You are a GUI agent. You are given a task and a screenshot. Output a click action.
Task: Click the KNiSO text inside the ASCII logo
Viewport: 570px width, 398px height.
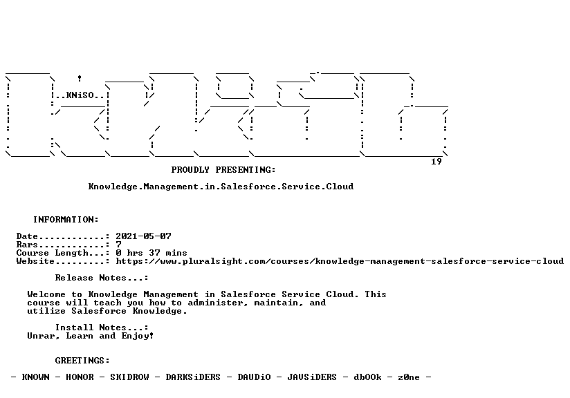80,95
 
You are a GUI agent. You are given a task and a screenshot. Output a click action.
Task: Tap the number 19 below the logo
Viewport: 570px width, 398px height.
436,162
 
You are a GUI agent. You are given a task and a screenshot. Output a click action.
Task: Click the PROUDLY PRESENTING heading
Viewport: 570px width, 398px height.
223,170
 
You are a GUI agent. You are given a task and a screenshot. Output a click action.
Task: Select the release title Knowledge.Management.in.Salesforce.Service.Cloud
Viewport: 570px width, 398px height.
221,187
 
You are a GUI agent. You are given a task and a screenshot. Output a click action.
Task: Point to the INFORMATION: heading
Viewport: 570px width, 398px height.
66,220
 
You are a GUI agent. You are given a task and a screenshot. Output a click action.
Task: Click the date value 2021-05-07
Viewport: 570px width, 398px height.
143,236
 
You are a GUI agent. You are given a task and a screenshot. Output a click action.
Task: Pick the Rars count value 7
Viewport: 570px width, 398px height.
118,245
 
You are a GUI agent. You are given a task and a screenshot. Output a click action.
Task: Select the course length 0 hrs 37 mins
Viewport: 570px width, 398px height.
151,253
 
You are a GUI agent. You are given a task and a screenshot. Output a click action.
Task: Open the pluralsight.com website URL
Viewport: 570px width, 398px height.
340,261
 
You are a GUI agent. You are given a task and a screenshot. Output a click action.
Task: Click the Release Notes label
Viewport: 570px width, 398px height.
102,278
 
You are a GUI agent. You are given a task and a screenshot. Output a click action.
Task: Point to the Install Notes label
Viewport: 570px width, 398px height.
102,328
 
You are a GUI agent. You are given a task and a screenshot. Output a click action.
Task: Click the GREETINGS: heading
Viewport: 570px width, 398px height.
82,361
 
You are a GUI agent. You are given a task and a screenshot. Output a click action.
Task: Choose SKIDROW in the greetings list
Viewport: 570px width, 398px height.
129,377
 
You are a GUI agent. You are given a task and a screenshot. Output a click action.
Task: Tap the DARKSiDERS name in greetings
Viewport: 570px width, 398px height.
193,377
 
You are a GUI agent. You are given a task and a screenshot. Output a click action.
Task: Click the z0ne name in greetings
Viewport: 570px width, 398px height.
409,377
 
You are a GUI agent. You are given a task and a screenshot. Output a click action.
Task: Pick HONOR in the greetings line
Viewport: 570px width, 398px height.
80,377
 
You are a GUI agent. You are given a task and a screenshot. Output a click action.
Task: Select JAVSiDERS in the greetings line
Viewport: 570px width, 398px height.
312,377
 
